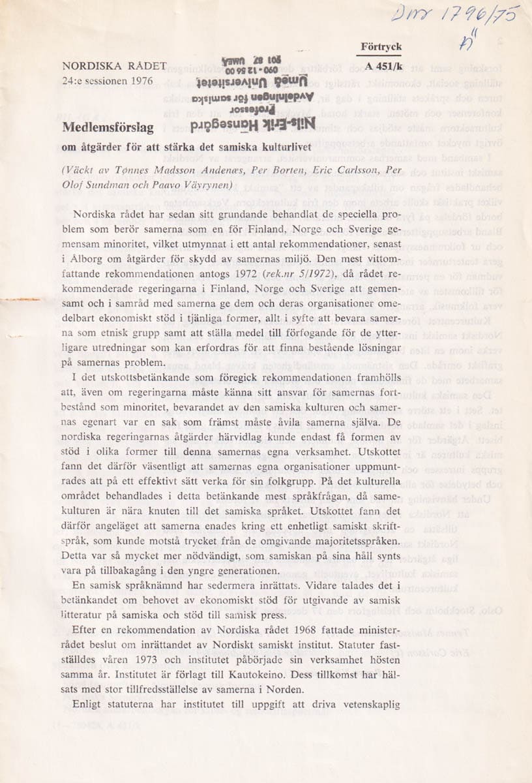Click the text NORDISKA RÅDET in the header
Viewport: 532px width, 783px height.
coord(115,67)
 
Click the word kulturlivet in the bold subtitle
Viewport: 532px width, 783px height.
coord(281,145)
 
